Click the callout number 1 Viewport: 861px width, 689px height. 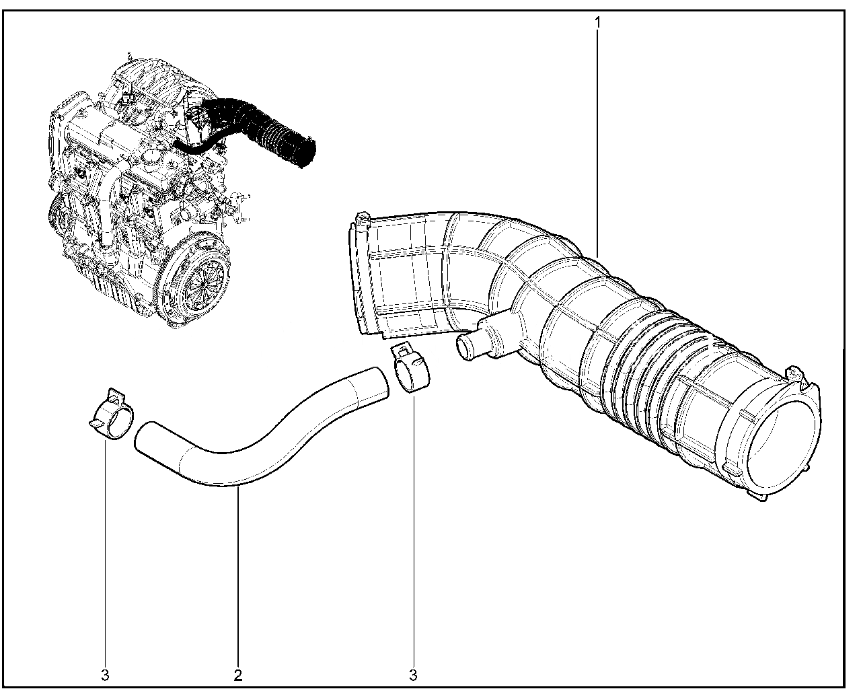coord(598,23)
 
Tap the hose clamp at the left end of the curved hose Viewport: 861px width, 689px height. coord(111,414)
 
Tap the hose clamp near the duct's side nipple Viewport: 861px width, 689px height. coord(411,369)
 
